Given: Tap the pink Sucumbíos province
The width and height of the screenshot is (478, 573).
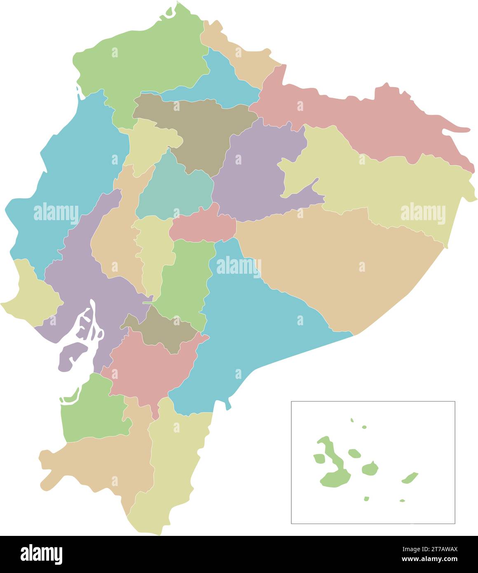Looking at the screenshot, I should point(350,120).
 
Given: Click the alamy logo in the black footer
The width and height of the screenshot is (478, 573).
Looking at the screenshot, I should point(41,554).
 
